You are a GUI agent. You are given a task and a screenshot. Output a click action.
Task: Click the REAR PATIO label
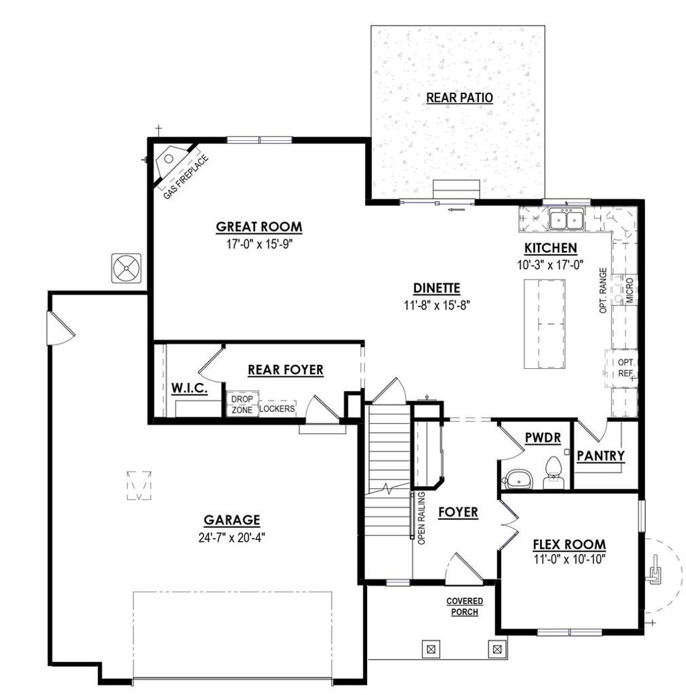click(460, 98)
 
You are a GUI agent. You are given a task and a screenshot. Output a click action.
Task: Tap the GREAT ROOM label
click(259, 227)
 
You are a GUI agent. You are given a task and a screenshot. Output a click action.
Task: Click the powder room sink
click(517, 478)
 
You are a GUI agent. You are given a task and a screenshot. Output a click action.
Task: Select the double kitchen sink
click(566, 219)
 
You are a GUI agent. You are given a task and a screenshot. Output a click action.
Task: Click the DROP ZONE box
click(241, 403)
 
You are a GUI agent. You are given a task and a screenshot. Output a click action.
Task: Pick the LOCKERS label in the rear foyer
click(277, 408)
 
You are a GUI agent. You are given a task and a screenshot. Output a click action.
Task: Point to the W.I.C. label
click(189, 388)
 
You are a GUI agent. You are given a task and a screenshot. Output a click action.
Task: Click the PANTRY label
click(601, 456)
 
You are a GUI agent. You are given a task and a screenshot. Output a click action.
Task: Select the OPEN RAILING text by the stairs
click(421, 517)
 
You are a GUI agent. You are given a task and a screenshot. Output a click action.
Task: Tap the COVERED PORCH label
click(465, 606)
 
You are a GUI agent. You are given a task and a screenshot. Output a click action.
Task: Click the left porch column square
click(430, 649)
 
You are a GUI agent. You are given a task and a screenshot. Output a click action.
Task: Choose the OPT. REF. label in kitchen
click(626, 367)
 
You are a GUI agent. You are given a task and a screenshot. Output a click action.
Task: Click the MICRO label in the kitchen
click(629, 290)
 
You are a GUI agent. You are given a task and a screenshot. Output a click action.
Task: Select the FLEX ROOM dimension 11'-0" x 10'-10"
click(569, 559)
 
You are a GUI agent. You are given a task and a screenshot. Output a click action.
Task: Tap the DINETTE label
click(436, 288)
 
